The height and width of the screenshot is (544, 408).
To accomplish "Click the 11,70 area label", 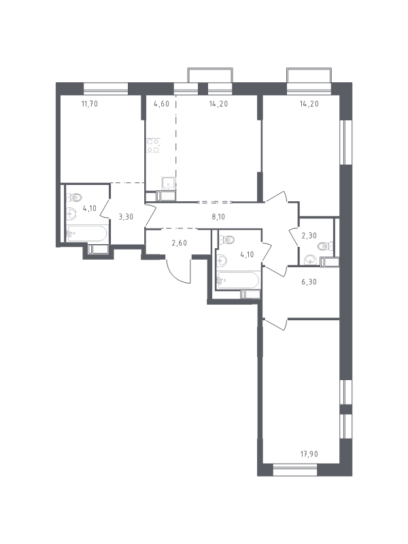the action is pyautogui.click(x=90, y=103).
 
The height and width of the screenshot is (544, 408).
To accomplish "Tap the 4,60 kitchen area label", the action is pyautogui.click(x=161, y=103).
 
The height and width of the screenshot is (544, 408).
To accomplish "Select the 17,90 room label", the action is pyautogui.click(x=309, y=454).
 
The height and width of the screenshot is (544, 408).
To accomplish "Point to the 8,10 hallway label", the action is pyautogui.click(x=218, y=217).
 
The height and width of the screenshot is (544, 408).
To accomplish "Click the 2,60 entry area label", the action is pyautogui.click(x=179, y=243).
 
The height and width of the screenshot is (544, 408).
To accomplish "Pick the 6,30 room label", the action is pyautogui.click(x=309, y=282).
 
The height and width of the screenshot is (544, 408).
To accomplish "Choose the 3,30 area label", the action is pyautogui.click(x=126, y=217).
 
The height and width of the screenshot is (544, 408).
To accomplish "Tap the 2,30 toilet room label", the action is pyautogui.click(x=309, y=235).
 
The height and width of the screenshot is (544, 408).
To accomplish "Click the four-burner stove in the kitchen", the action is pyautogui.click(x=154, y=146).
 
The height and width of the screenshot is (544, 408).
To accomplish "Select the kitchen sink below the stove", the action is pyautogui.click(x=168, y=183).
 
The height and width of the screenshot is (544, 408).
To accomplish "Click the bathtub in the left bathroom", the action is pyautogui.click(x=87, y=233).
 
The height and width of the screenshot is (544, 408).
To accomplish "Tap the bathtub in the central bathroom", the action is pyautogui.click(x=238, y=280).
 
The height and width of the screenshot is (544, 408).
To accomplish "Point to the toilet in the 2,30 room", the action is pyautogui.click(x=326, y=246).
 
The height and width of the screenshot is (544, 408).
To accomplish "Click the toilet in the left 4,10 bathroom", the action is pyautogui.click(x=75, y=197).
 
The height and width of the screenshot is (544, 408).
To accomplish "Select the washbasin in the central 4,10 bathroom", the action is pyautogui.click(x=222, y=260).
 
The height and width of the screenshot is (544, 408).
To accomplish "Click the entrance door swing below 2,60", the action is pyautogui.click(x=178, y=270).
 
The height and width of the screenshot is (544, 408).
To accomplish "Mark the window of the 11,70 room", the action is pyautogui.click(x=106, y=89).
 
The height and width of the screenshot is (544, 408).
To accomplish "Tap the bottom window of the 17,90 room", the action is pyautogui.click(x=295, y=470).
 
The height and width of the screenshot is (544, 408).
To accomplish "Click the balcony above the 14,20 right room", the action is pyautogui.click(x=309, y=75).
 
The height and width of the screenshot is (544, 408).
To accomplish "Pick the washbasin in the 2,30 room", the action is pyautogui.click(x=309, y=260).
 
